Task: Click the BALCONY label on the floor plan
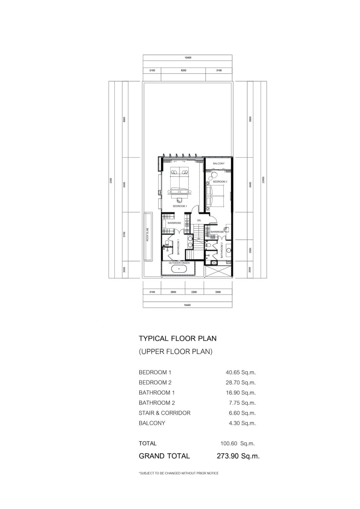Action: tap(218, 163)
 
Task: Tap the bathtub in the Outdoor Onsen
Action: tap(179, 269)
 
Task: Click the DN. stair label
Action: tap(199, 220)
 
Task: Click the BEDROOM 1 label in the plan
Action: tap(180, 206)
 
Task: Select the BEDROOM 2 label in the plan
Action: tap(220, 182)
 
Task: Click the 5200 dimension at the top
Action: tap(183, 70)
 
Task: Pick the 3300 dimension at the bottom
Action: tap(218, 292)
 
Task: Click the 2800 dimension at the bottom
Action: tap(173, 292)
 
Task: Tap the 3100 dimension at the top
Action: tap(219, 70)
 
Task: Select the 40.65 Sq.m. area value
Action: tap(240, 372)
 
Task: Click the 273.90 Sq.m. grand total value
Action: tap(238, 456)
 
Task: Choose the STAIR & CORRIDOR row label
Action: tap(164, 413)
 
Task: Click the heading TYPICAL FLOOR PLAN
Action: tap(177, 338)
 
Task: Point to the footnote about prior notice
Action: tap(178, 473)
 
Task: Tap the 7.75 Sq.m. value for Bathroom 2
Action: tap(242, 403)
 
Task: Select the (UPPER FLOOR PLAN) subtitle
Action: tap(175, 352)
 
